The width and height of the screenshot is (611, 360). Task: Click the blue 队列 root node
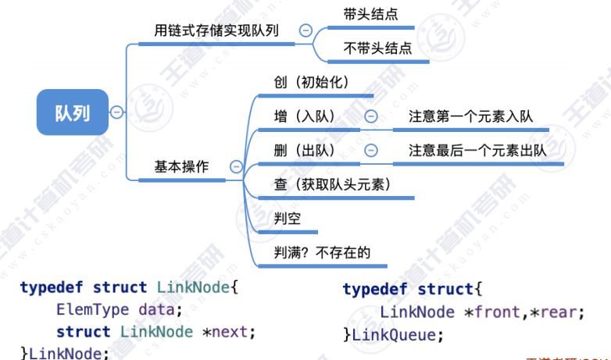tap(71, 112)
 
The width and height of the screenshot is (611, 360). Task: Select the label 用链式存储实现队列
tap(217, 30)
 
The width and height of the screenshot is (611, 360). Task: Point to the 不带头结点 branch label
tap(377, 48)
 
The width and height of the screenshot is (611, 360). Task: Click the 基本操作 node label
tap(181, 166)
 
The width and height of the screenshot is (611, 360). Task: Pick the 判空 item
tap(288, 218)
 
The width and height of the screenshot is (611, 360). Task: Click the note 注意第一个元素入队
tap(470, 116)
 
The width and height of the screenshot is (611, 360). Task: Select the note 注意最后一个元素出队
tap(477, 150)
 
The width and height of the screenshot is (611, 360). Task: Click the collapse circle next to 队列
tap(116, 112)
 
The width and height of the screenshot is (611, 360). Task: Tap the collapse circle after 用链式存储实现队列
tap(305, 30)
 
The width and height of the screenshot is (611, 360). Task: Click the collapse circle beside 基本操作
tap(235, 166)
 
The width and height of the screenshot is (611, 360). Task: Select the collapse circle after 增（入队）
tap(371, 116)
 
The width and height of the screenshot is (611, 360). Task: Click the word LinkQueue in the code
tap(397, 334)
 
